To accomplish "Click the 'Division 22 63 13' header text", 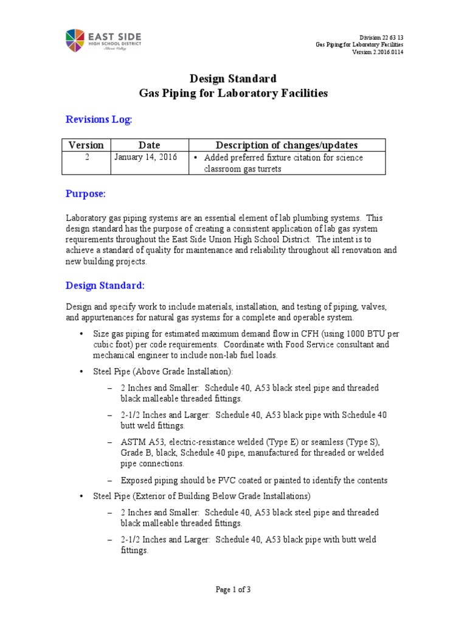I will coord(381,37).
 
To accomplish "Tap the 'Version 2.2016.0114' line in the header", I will coord(378,52).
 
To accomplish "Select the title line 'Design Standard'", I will coord(233,78).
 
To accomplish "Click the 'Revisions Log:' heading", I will coord(99,120).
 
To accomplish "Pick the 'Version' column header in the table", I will coord(86,145).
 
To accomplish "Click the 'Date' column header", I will coord(149,145).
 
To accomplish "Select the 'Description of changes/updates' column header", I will coord(287,145).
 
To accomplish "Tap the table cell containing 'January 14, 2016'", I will coord(145,158).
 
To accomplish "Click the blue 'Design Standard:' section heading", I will coord(105,285).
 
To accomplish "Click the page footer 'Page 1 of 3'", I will coord(233,589).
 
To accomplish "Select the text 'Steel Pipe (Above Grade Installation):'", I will coord(162,371).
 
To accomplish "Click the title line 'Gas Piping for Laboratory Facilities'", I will coord(233,94).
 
